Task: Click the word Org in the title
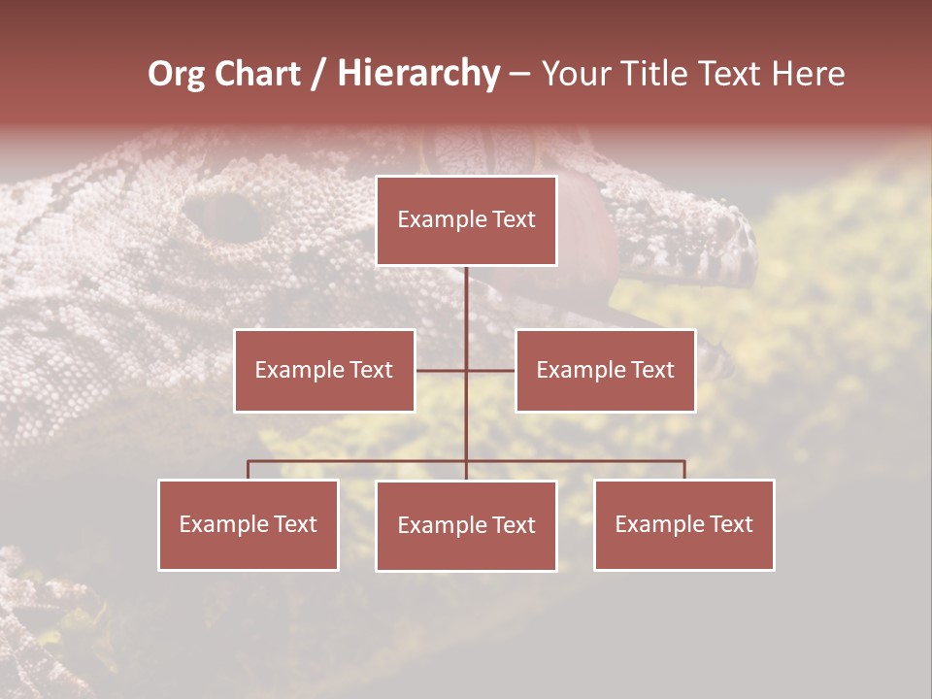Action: coord(176,74)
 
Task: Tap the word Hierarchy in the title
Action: coord(417,74)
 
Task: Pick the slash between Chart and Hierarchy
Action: coord(318,75)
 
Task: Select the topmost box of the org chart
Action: coord(466,220)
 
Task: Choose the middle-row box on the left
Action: coord(324,370)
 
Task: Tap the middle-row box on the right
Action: coord(605,370)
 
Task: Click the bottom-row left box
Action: coord(249,524)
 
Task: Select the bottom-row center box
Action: coord(466,525)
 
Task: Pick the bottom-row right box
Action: coord(683,524)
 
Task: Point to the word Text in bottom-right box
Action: coord(731,524)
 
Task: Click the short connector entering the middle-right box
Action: coord(491,370)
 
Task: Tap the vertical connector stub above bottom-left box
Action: coord(249,470)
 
